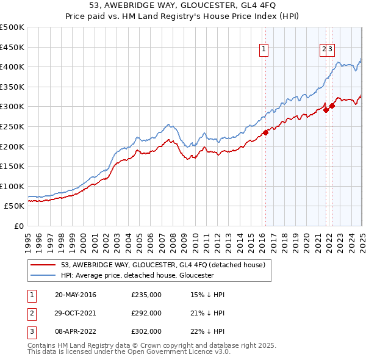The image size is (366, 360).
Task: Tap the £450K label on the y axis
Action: click(x=12, y=47)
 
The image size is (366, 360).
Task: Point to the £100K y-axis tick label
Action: click(x=12, y=186)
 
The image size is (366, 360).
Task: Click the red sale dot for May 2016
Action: click(x=265, y=132)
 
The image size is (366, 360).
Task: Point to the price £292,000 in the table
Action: click(x=146, y=313)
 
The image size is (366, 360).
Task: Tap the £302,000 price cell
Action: click(x=146, y=331)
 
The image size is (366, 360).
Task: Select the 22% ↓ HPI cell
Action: click(x=207, y=331)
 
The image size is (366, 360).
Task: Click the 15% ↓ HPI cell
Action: click(x=207, y=295)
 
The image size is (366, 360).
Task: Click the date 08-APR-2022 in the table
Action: click(x=74, y=331)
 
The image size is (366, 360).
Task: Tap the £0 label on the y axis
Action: click(x=18, y=226)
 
